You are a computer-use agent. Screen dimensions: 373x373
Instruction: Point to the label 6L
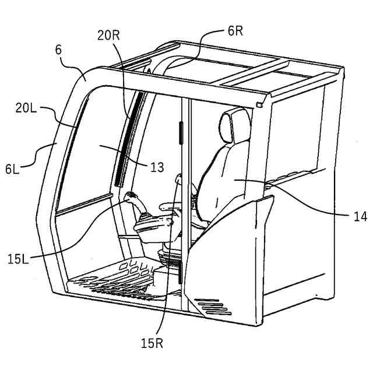(13, 169)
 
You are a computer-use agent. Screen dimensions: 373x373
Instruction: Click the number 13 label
(157, 167)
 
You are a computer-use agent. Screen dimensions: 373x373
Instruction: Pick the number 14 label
(360, 216)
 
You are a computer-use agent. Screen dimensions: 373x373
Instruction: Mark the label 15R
(152, 342)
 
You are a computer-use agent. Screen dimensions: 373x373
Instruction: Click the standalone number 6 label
(58, 50)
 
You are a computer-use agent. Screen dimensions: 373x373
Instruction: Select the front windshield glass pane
(93, 152)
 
